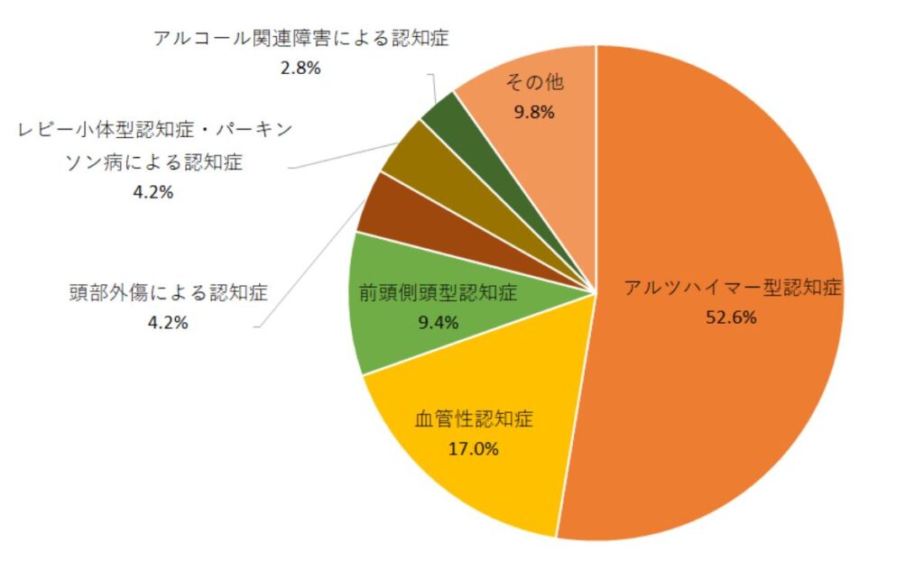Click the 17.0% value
click(474, 448)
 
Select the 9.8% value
click(533, 113)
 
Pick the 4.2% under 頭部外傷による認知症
click(167, 322)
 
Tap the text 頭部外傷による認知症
click(169, 293)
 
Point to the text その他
click(534, 83)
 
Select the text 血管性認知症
click(474, 419)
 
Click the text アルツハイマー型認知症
click(732, 289)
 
